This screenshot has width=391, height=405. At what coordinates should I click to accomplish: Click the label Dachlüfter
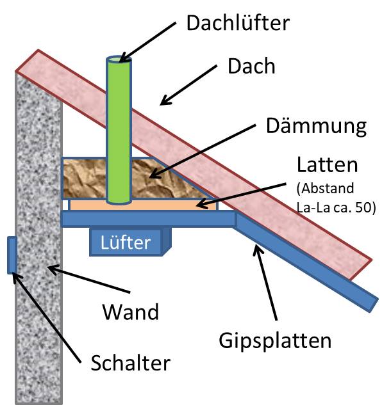(238, 24)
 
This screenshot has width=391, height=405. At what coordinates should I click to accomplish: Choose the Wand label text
(131, 312)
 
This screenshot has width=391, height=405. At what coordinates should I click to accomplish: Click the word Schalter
(130, 363)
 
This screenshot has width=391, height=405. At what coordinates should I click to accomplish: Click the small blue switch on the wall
(11, 255)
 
